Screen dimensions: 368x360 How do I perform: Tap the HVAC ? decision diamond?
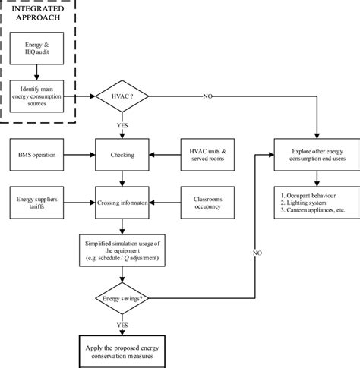click(122, 97)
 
